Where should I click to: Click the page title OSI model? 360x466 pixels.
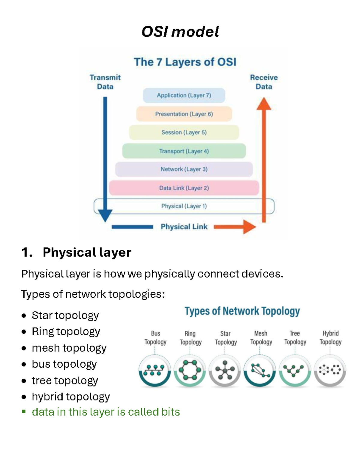coord(180,32)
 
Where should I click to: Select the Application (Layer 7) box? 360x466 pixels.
coord(184,95)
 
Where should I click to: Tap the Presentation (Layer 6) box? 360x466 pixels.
coord(184,114)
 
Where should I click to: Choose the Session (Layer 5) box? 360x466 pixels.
coord(184,132)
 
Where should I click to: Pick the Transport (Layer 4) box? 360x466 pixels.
coord(184,151)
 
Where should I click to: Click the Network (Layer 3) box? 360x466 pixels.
coord(184,169)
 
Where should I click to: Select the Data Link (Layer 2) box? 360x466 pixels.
coord(184,188)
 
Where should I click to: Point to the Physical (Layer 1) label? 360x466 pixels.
coord(184,206)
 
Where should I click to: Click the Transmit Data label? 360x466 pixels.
coord(105,82)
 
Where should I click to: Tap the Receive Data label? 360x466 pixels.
coord(264,82)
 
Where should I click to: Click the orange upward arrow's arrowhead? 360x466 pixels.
coord(264,104)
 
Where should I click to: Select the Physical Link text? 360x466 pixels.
coord(184,227)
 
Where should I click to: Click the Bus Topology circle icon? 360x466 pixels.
coord(154,371)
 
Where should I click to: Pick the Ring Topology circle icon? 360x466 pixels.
coord(190,371)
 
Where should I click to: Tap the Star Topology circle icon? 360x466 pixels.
coord(225,371)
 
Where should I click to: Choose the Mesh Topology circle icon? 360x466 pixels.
coord(260,371)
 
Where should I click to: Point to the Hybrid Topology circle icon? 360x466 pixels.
coord(330,371)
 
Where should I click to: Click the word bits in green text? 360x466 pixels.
coord(170,412)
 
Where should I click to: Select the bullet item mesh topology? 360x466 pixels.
coord(69,348)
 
